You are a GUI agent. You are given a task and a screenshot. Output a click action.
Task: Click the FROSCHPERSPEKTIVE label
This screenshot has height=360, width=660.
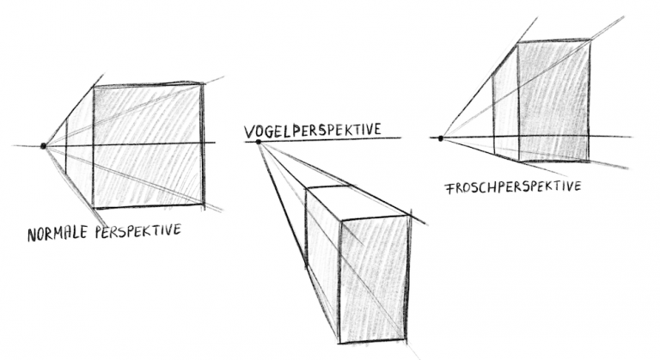[514, 186]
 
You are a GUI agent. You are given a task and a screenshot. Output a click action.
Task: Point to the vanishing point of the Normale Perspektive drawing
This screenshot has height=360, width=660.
[43, 146]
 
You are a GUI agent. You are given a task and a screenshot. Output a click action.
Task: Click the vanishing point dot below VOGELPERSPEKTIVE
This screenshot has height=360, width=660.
[259, 143]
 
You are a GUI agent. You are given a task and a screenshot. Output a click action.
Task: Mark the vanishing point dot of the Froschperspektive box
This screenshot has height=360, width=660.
[441, 137]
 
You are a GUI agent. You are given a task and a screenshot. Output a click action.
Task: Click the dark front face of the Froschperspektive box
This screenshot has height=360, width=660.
[554, 101]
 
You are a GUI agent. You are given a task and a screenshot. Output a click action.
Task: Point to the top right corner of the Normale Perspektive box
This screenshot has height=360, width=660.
[204, 82]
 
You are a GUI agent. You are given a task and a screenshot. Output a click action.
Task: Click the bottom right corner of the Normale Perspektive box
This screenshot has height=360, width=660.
[205, 204]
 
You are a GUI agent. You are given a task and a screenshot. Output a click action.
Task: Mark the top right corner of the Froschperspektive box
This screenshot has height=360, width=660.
[590, 40]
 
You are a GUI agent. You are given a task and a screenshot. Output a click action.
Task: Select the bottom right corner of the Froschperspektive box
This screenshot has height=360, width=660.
[589, 161]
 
